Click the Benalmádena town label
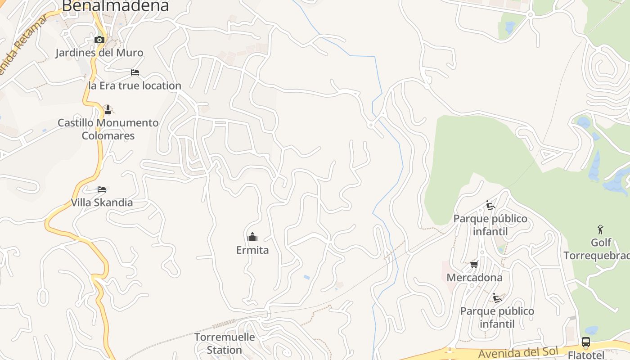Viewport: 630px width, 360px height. (x=115, y=6)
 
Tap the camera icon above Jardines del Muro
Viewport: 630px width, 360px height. (x=99, y=40)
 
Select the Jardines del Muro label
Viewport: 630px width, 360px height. (x=99, y=53)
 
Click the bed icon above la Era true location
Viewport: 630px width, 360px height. (x=135, y=72)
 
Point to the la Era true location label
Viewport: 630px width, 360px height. (x=135, y=85)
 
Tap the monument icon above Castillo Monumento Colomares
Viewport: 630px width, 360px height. (x=108, y=109)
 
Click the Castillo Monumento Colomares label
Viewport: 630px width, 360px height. (x=108, y=129)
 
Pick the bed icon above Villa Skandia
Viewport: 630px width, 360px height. (x=102, y=189)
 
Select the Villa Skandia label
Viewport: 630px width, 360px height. (x=102, y=202)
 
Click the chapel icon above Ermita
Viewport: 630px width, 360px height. (x=252, y=237)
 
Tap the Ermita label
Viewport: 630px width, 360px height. (x=252, y=250)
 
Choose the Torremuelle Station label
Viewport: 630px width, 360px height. (x=225, y=343)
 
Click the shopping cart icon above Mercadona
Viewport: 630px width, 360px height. (x=474, y=264)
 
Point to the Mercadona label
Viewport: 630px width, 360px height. (x=474, y=278)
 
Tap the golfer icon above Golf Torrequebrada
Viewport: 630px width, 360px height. (x=600, y=229)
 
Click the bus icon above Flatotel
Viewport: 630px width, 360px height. (x=585, y=342)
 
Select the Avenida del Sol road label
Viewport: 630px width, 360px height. (x=518, y=353)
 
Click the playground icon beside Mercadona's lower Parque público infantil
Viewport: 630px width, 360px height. (x=497, y=298)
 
